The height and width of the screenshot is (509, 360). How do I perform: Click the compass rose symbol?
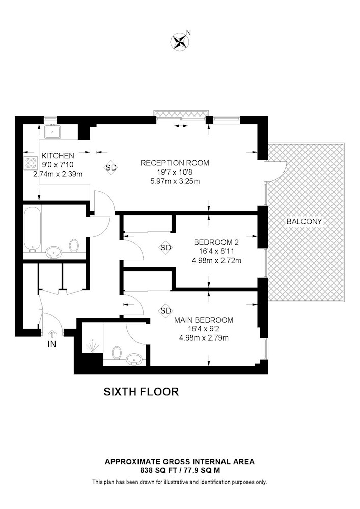tap(180, 42)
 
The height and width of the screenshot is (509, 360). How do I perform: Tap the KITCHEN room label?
tap(58, 156)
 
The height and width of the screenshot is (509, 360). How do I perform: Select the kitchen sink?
tap(52, 132)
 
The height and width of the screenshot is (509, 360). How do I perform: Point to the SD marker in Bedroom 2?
tap(165, 248)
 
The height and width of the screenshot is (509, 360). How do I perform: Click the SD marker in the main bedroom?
tap(165, 310)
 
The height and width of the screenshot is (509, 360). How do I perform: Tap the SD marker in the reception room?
tap(110, 167)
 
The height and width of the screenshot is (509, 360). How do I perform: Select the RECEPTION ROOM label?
tap(175, 163)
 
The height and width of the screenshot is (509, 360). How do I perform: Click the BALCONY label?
tap(304, 222)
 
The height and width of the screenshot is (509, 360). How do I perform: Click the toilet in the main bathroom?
tap(74, 246)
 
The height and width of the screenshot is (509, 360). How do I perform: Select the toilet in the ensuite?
tap(116, 353)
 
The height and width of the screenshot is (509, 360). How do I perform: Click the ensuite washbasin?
tap(134, 359)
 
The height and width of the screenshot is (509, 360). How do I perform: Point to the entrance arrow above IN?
tap(52, 334)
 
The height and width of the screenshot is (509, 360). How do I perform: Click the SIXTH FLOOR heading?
tap(141, 392)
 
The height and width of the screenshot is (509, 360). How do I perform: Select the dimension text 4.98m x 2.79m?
tap(204, 338)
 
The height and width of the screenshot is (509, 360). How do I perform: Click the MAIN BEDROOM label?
tap(204, 320)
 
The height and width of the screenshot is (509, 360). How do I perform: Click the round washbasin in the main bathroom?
tap(54, 252)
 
